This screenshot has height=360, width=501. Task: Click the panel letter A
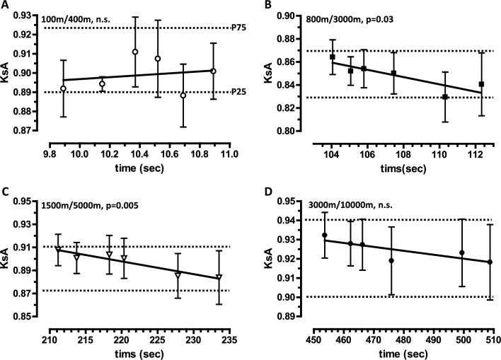(x=7, y=6)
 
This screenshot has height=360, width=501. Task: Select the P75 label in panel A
(x=238, y=28)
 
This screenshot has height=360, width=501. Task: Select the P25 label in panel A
(x=238, y=92)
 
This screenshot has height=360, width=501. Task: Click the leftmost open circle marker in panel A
(x=64, y=88)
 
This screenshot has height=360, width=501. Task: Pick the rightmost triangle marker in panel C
(x=219, y=277)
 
